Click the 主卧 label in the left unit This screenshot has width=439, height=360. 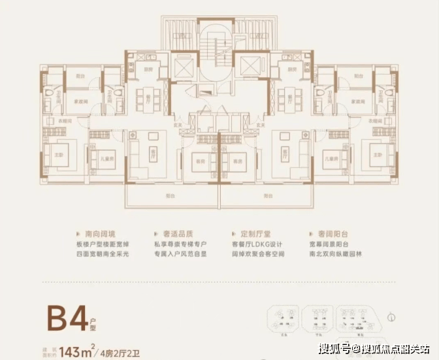[59, 154]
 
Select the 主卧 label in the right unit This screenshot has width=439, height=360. [378, 154]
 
